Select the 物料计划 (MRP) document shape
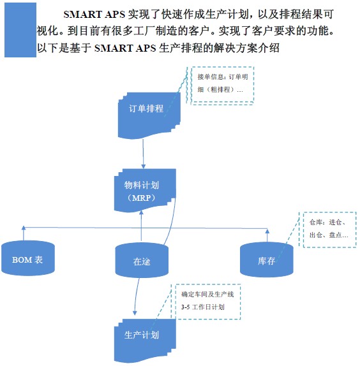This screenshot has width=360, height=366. tap(145, 190)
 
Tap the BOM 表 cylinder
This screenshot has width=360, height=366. tap(28, 258)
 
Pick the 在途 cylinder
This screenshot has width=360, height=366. tap(142, 260)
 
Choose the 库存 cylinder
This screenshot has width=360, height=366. tap(267, 260)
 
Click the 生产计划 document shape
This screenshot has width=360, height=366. tap(145, 340)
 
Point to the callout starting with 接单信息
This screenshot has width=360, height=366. tap(222, 85)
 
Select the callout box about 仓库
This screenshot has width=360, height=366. tap(329, 230)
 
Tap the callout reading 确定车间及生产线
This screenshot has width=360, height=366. tap(208, 302)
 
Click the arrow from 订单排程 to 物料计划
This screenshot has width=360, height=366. tap(143, 154)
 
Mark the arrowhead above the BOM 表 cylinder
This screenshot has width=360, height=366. tap(24, 228)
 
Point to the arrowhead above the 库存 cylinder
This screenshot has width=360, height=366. tap(267, 231)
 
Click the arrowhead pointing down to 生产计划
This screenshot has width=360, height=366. tap(135, 313)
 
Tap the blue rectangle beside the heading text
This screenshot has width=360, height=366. tap(20, 30)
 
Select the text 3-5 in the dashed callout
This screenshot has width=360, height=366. tap(186, 307)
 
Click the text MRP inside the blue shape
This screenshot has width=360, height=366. tap(142, 198)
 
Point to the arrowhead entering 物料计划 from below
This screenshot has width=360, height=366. tap(141, 212)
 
